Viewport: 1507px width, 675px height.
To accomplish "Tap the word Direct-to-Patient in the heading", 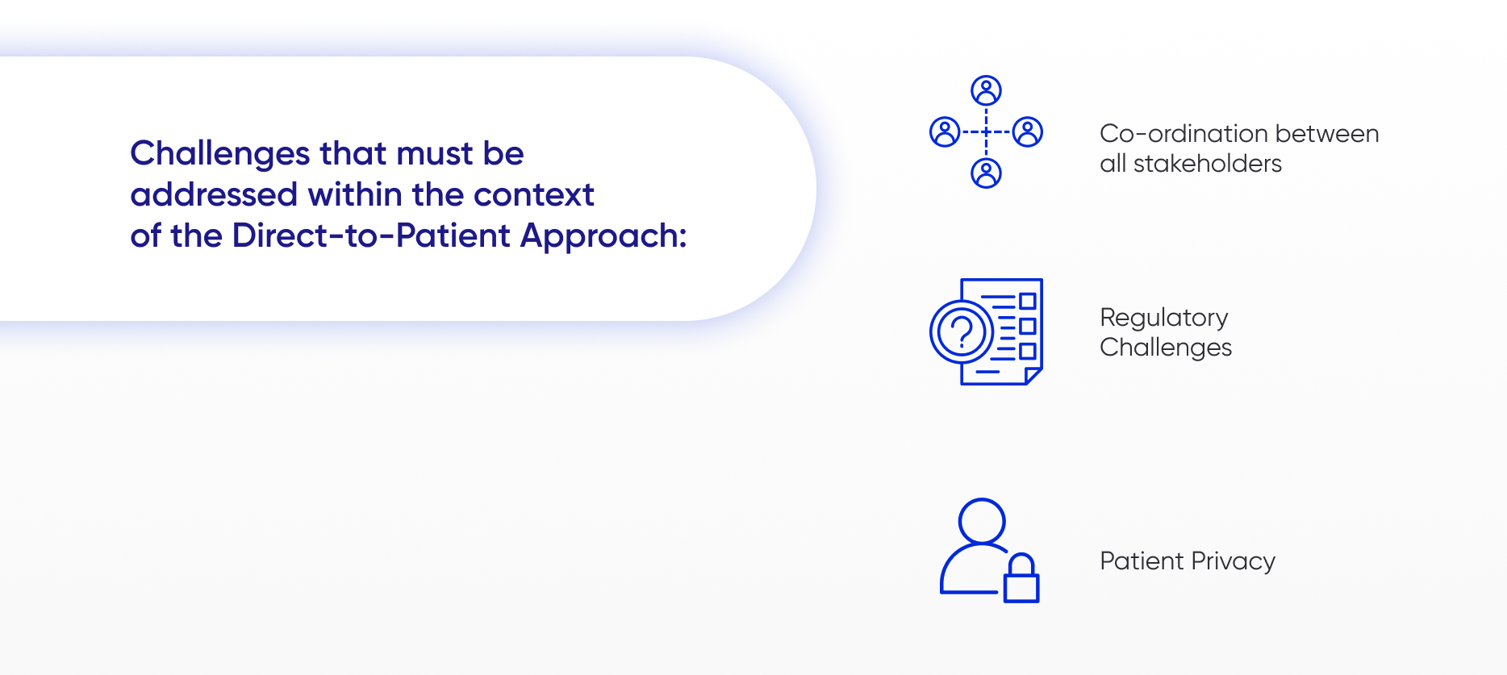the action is tap(371, 235).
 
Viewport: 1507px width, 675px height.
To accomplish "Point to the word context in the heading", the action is tap(533, 195).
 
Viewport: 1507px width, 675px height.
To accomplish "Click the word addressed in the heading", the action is tap(214, 195).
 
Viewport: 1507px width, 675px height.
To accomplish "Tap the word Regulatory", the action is tap(1163, 319).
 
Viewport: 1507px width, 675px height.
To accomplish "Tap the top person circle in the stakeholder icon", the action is tap(986, 90).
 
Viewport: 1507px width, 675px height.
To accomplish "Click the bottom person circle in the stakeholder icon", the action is tap(986, 173).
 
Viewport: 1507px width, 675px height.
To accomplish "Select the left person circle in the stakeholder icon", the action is tap(945, 131).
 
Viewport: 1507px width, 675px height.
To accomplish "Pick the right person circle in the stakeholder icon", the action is tap(1028, 131).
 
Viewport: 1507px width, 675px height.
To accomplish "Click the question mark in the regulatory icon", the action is tap(962, 331).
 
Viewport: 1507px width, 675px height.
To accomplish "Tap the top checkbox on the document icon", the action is tap(1027, 301).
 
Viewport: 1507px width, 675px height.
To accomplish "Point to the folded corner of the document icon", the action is tap(1033, 375).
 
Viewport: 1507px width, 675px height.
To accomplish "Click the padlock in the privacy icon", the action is tap(1021, 578).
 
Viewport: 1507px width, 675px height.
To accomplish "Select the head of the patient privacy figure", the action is tap(982, 521).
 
